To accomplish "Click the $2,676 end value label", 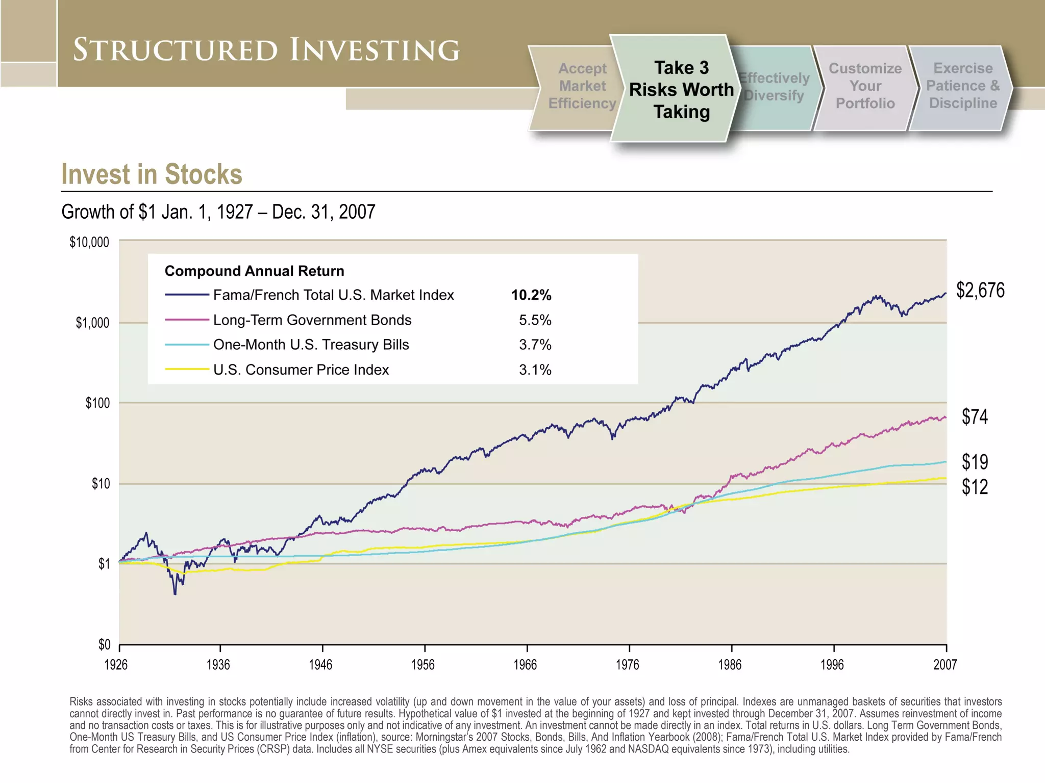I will click(x=980, y=291).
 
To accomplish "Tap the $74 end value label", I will click(x=975, y=417).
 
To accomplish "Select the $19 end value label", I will click(x=975, y=462).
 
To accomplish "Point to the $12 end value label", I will click(x=975, y=487).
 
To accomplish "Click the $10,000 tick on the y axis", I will click(x=89, y=243).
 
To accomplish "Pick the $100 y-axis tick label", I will click(x=97, y=404).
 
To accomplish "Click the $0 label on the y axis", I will click(x=104, y=645).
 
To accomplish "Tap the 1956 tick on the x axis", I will click(x=423, y=665).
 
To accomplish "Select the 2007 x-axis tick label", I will click(x=945, y=665).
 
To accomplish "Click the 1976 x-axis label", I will click(x=627, y=665).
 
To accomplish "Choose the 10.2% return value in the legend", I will click(x=531, y=295).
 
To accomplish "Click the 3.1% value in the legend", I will click(x=535, y=370).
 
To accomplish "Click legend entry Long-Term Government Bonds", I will click(x=312, y=320).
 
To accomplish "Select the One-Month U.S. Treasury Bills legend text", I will click(x=311, y=345).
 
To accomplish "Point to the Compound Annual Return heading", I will click(x=254, y=271).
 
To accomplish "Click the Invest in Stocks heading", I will click(x=152, y=174).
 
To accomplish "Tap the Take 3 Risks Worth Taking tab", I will click(x=681, y=90).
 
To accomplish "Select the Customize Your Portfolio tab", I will click(x=865, y=86).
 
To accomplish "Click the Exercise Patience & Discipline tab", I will click(x=962, y=86).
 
